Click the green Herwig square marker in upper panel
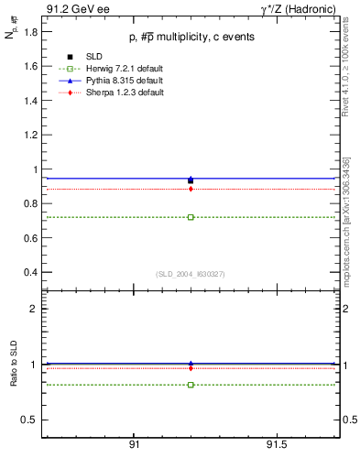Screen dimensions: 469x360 (x=191, y=217)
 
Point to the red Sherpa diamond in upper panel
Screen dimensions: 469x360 (x=191, y=189)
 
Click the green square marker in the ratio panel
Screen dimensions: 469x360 (x=191, y=385)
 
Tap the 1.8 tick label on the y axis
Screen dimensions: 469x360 (x=30, y=32)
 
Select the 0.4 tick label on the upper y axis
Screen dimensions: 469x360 (x=30, y=272)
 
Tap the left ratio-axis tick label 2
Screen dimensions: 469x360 (x=35, y=309)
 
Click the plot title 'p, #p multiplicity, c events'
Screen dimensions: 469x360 (x=191, y=37)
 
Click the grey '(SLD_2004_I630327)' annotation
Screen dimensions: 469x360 (x=191, y=274)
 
